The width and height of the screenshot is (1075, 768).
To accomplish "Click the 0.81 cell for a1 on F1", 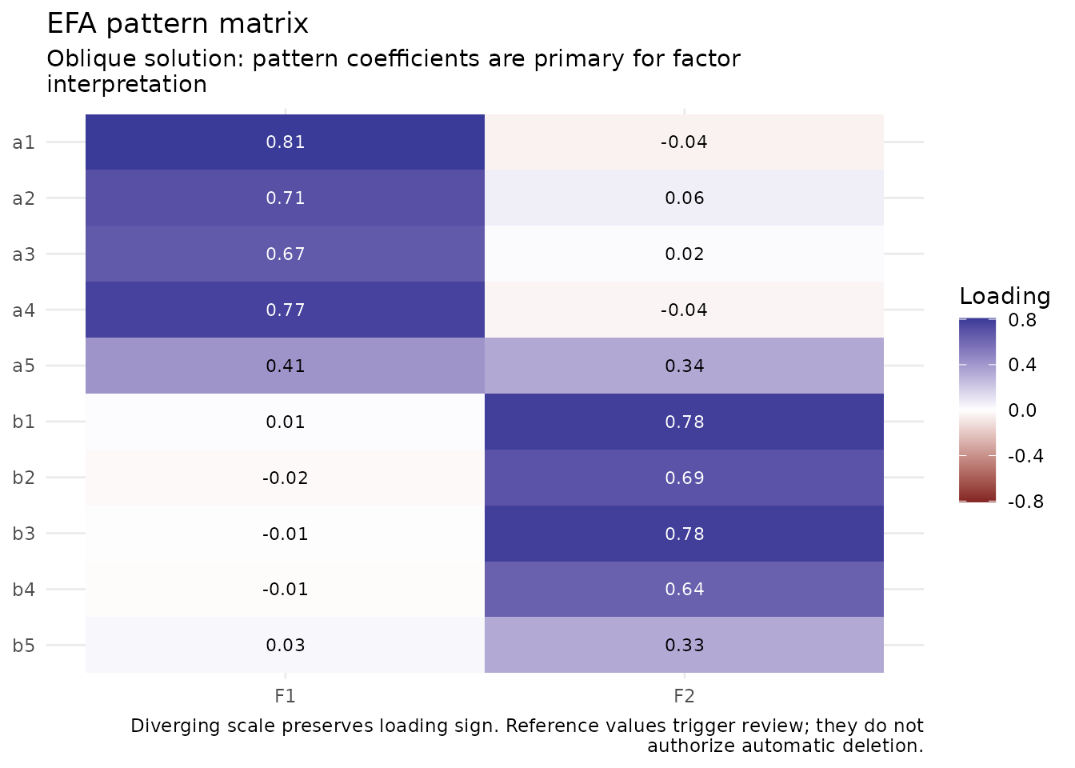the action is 285,142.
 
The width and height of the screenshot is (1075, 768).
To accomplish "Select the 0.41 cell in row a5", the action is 285,366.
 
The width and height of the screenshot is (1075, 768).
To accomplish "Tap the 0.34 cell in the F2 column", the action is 684,366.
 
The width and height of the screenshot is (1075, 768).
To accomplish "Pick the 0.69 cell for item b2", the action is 684,478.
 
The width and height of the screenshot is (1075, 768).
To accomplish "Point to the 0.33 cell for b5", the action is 684,645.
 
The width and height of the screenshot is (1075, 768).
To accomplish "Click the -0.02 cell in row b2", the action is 285,478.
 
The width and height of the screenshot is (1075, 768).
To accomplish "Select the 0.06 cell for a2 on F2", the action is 684,198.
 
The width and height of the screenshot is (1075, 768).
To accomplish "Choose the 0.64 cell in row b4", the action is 684,589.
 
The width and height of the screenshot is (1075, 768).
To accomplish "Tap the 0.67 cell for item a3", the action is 285,254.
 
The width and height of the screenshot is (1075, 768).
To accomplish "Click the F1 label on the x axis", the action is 285,696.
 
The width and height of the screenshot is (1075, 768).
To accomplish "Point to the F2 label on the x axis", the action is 684,696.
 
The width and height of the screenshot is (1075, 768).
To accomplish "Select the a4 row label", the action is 23,310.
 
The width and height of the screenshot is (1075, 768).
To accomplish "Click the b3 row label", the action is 23,534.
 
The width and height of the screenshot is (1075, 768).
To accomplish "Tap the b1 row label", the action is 23,422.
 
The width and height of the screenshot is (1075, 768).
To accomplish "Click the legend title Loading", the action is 1005,296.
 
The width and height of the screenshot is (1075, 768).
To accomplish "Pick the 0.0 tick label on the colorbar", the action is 1022,410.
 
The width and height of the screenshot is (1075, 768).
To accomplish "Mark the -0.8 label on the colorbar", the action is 1025,502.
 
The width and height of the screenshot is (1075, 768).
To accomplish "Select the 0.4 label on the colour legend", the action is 1022,365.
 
